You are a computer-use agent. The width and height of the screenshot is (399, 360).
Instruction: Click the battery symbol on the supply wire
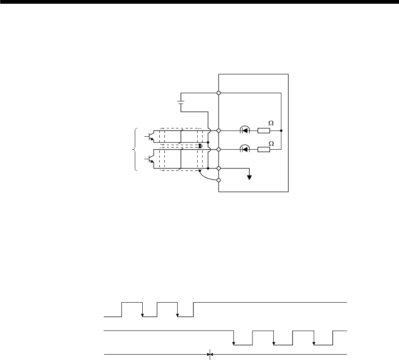click(x=181, y=101)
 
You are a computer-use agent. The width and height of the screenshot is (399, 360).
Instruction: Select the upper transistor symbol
click(x=150, y=137)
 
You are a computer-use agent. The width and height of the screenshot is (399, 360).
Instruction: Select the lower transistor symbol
click(x=150, y=159)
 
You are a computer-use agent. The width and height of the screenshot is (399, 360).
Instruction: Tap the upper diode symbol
click(x=245, y=131)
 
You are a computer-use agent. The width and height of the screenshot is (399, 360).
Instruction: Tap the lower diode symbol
click(x=245, y=149)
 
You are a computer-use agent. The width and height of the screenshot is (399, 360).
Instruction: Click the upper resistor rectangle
click(x=264, y=131)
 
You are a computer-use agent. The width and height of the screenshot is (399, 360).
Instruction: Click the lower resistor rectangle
click(x=264, y=149)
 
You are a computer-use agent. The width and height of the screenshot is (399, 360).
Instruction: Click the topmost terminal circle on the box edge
click(x=219, y=93)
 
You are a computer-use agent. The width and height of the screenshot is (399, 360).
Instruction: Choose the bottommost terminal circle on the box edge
click(x=219, y=180)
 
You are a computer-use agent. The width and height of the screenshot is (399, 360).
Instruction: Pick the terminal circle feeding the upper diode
click(x=219, y=131)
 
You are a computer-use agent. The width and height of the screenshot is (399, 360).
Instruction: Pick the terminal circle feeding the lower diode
click(x=219, y=149)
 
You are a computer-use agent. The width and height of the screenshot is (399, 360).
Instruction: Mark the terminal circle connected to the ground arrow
click(x=219, y=168)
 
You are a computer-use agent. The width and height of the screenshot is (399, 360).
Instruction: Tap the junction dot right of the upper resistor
click(x=281, y=131)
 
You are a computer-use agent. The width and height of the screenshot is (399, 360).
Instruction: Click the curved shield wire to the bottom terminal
click(x=206, y=176)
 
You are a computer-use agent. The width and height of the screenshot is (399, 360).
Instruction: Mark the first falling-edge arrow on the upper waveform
click(x=142, y=315)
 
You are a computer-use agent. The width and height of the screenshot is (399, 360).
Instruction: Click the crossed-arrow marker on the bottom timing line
click(x=211, y=355)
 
